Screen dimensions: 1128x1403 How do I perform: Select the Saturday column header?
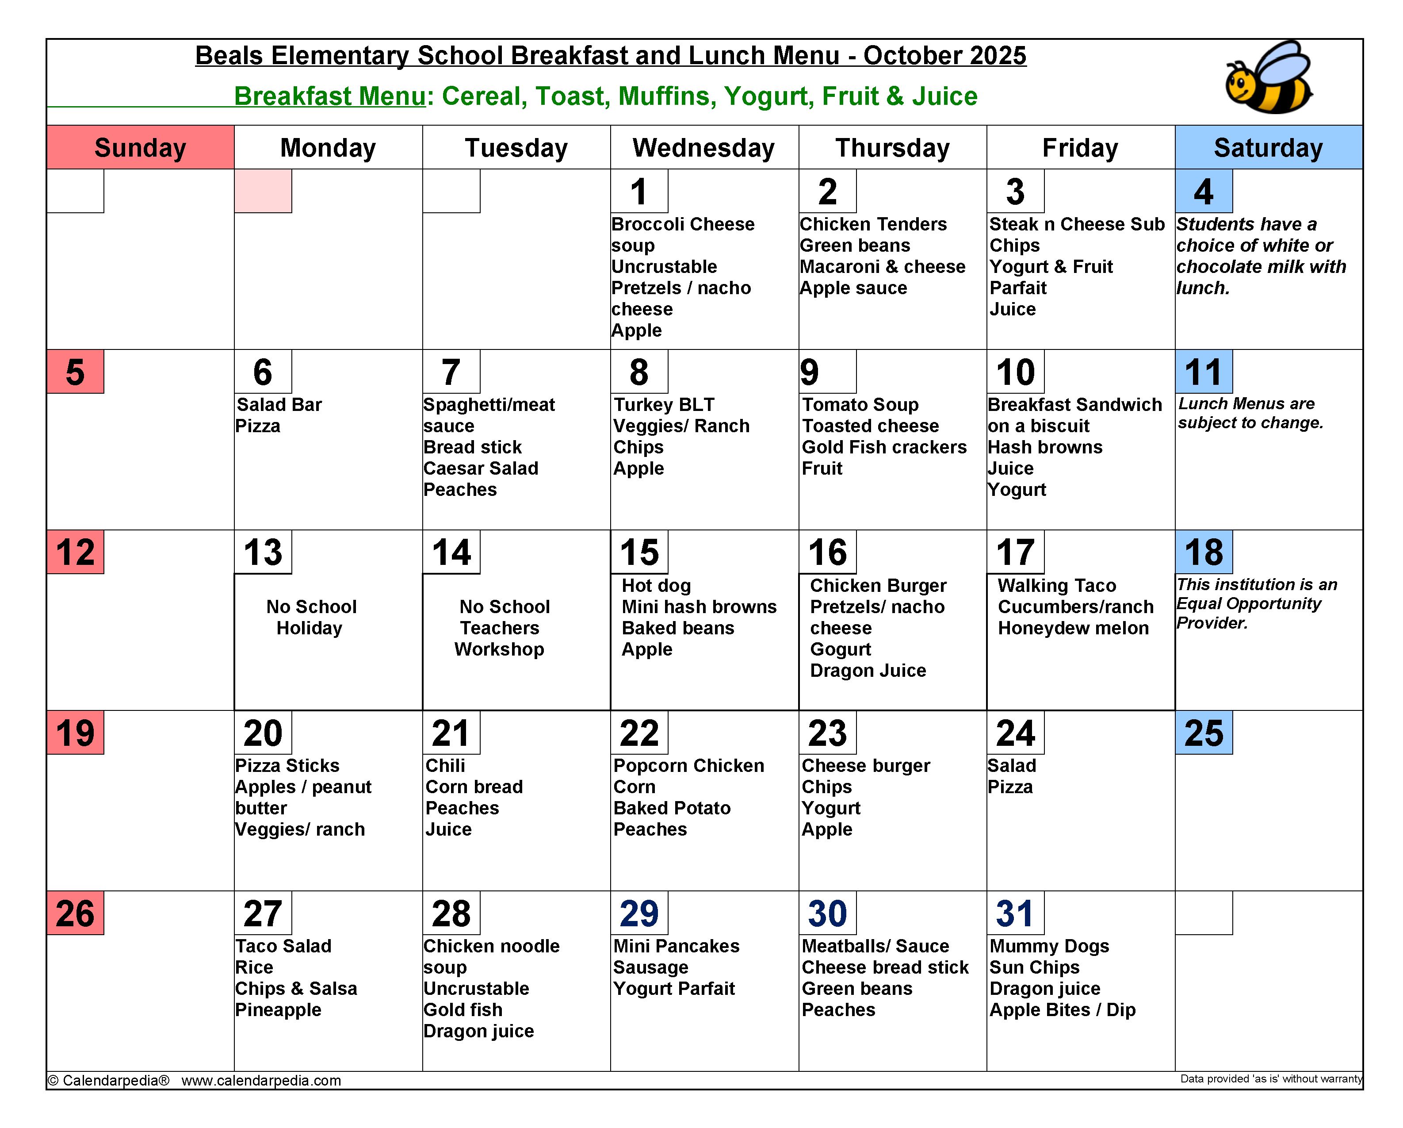coord(1268,148)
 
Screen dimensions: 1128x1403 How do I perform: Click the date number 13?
coord(263,552)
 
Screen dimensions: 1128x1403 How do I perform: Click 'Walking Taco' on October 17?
coord(1056,586)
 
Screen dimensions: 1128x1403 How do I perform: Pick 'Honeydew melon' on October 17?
coord(1073,628)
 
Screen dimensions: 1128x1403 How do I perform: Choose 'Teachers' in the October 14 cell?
coord(499,628)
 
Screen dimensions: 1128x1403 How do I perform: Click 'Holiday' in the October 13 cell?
coord(309,628)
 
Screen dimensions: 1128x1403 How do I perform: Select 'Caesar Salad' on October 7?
coord(480,468)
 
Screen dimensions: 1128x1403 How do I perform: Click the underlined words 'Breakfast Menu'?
coord(329,96)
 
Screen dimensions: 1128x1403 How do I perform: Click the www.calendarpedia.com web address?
coord(261,1081)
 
